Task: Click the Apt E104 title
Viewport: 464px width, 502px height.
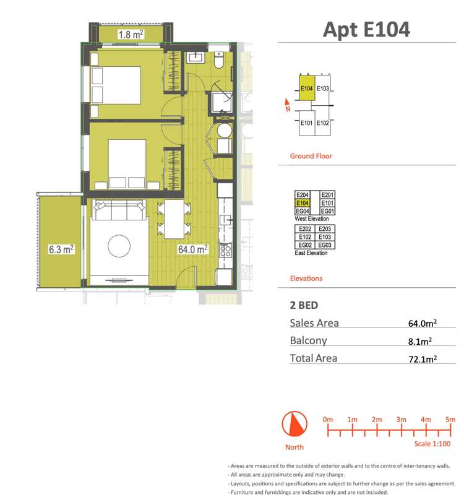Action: pos(366,29)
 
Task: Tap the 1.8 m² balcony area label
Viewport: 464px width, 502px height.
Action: pos(131,34)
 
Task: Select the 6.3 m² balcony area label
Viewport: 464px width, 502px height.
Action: pos(61,249)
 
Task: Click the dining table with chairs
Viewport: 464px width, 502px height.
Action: pos(174,219)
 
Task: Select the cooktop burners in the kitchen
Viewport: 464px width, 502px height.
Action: pos(225,251)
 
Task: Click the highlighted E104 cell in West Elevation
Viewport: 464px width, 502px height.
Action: pos(303,202)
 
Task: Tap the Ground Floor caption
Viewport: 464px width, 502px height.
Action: pos(311,156)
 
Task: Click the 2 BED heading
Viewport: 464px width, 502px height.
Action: pos(304,305)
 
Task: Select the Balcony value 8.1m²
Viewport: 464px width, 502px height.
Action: pos(420,340)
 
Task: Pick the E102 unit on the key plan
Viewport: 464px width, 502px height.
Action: pos(323,123)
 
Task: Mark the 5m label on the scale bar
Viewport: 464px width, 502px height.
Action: pos(450,420)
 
